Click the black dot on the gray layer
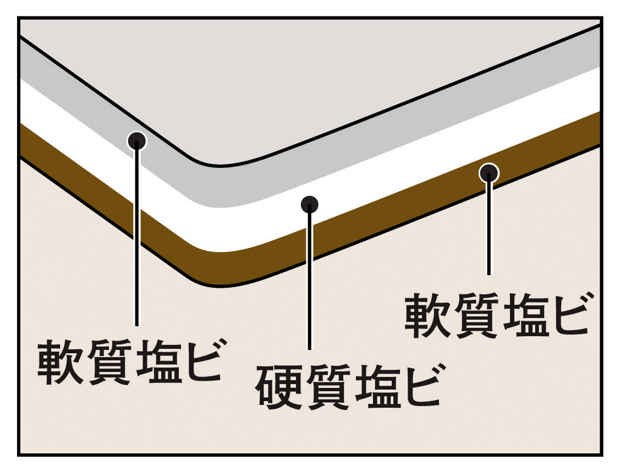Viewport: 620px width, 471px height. pyautogui.click(x=136, y=141)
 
